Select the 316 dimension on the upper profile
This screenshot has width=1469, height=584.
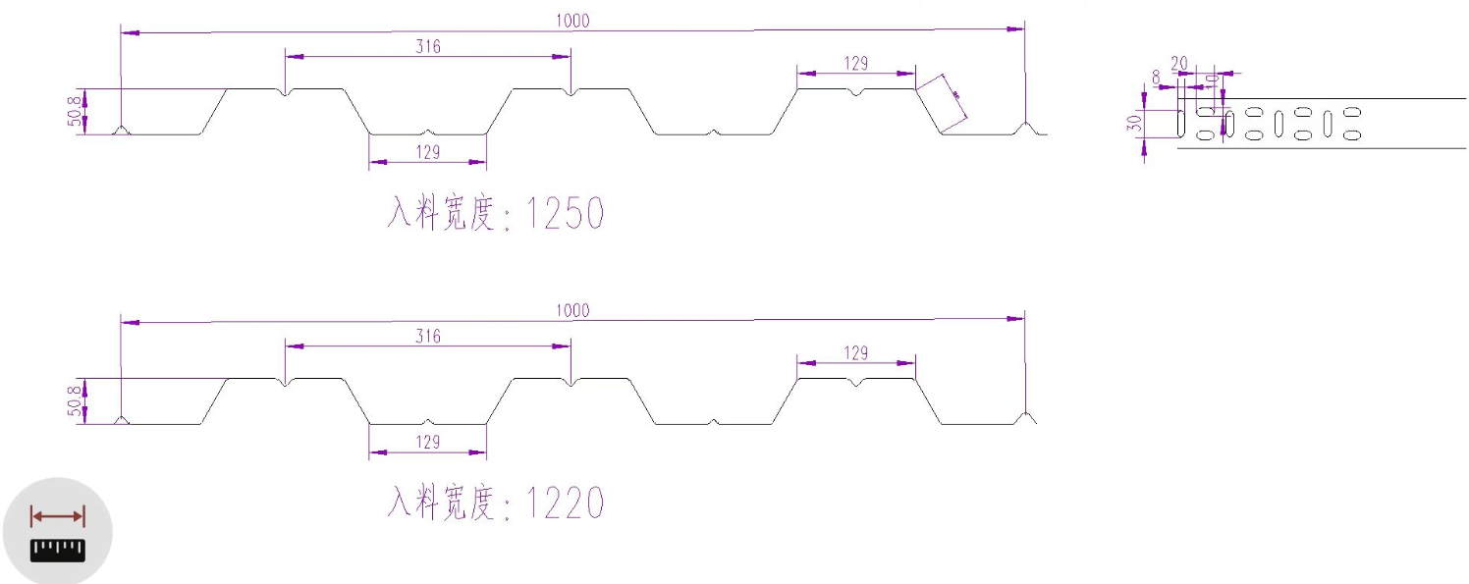coord(427,45)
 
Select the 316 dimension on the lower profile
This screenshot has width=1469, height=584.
coord(427,336)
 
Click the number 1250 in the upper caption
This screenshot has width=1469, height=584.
coord(565,213)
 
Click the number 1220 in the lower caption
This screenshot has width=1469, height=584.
coord(565,504)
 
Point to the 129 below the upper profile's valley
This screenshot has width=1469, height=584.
coord(427,151)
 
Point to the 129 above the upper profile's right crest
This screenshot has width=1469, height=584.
coord(855,63)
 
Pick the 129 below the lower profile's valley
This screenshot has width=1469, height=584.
coord(427,442)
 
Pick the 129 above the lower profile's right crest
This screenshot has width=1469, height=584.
coord(855,352)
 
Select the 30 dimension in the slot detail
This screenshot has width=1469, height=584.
coord(1134,124)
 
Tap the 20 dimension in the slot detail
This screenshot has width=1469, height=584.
coord(1179,63)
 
